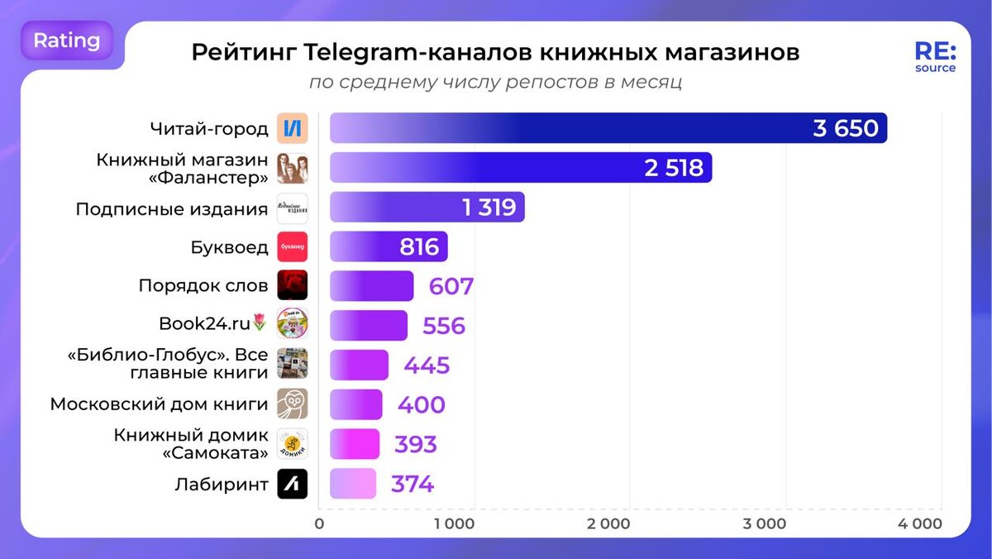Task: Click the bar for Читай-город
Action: [608, 128]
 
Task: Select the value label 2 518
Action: [674, 168]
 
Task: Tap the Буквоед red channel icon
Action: [293, 247]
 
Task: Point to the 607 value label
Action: [451, 287]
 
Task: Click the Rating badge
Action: [67, 41]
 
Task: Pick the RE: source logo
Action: [935, 56]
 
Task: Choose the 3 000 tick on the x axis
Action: [765, 523]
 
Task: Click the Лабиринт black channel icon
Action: [293, 485]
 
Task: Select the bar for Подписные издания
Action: [427, 208]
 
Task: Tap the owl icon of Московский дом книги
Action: [293, 405]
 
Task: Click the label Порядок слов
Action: [203, 286]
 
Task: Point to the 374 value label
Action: [412, 485]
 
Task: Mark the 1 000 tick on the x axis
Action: [454, 523]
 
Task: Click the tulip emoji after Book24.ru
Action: [260, 322]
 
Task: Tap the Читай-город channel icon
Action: [293, 128]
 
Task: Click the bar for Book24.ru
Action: [369, 326]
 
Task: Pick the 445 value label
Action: [427, 365]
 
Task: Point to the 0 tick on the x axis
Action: [320, 523]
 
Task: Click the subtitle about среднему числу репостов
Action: [495, 83]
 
